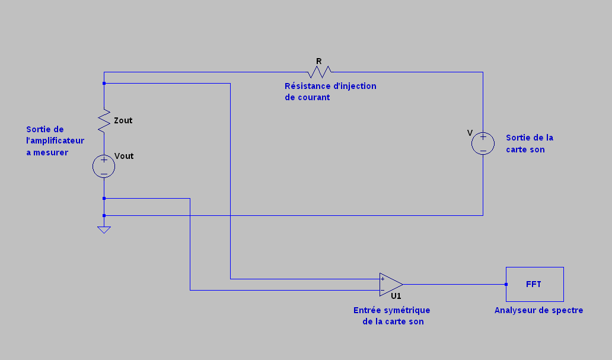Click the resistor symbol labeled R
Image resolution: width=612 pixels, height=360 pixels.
coord(319,72)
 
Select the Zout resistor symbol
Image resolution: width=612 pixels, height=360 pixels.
coord(104,120)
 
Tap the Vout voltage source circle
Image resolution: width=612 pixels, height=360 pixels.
coord(104,166)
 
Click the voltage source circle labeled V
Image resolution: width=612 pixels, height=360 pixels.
coord(483,144)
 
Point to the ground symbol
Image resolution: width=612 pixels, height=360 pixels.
coord(104,230)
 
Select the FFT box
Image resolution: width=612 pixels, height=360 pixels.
coord(535,284)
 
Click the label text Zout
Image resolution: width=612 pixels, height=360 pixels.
coord(123,120)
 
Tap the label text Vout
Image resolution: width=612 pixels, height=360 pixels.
coord(124,156)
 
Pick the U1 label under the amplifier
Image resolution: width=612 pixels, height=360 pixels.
coord(396,296)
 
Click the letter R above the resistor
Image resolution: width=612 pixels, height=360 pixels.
coord(319,61)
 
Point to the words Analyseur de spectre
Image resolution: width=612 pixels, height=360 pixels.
coord(538,310)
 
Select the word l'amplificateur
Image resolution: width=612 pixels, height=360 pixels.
coord(55,141)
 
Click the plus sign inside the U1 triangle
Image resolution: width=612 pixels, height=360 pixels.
coord(383,279)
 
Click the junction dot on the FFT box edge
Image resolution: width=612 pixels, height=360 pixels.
coord(506,284)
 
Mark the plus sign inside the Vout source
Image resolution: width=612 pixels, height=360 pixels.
coord(104,160)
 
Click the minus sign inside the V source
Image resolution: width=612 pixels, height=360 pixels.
coord(483,151)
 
